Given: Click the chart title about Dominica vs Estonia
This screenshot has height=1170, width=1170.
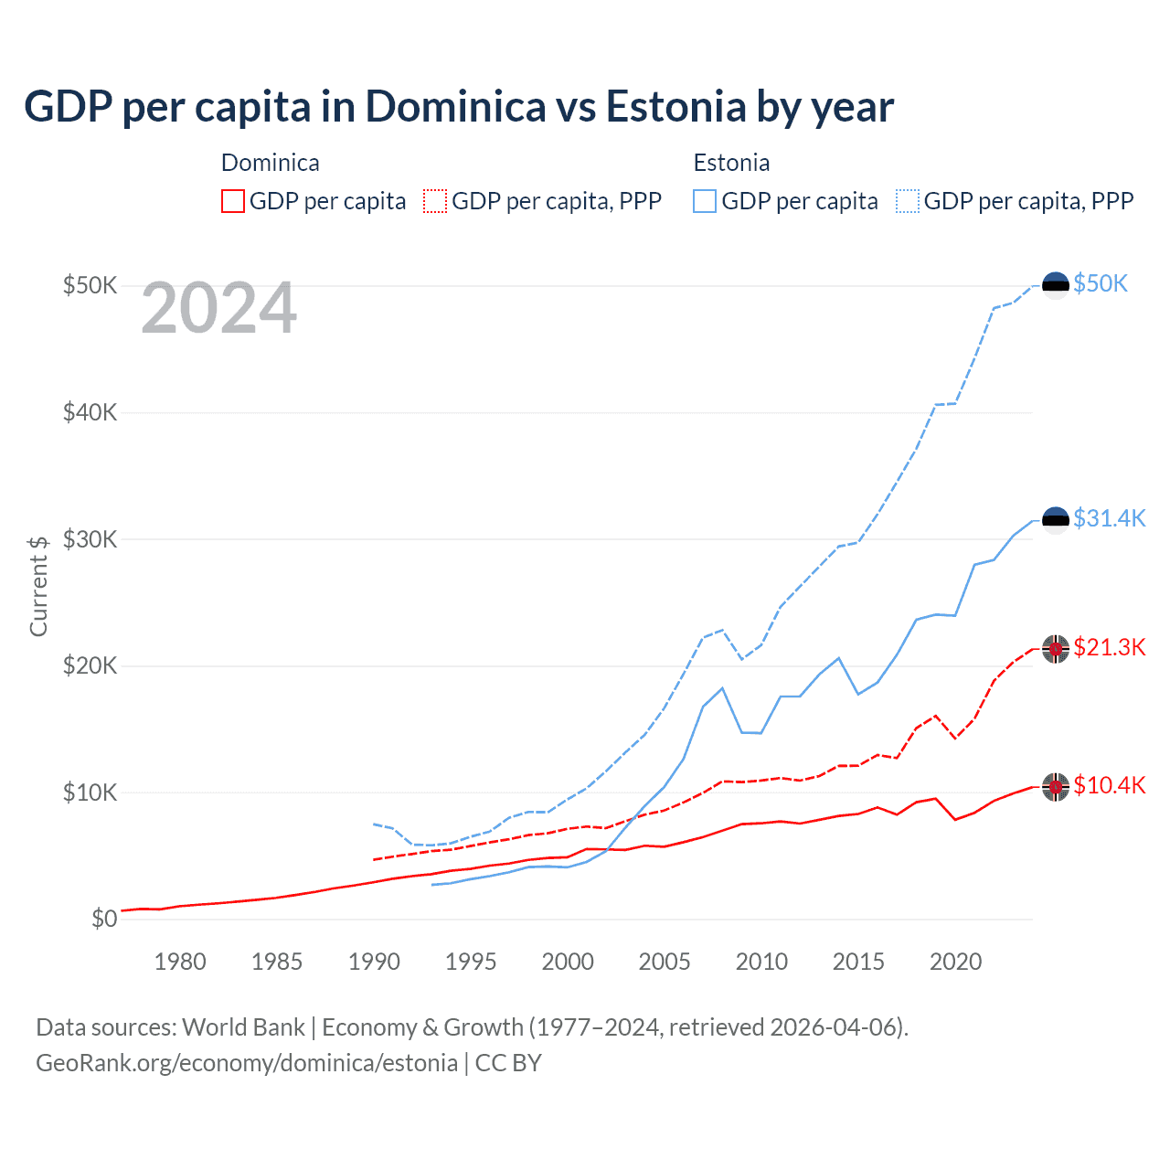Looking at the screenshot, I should (458, 107).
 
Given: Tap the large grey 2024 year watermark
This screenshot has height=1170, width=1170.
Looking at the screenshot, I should (218, 309).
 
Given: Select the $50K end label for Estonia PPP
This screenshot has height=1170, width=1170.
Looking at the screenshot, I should (1101, 283).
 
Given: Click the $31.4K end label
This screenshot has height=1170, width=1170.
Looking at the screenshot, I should (1109, 518).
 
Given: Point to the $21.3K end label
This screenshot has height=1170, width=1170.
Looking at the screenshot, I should (1109, 647).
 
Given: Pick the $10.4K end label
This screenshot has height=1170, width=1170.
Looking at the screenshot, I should (1109, 785).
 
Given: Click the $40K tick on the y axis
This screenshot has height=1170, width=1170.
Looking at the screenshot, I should (90, 412).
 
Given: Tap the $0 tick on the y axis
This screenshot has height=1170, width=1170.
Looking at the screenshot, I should (104, 919).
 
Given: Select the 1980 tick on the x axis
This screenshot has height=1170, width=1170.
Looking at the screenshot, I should (180, 962).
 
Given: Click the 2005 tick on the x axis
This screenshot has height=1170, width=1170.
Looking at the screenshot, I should (665, 962).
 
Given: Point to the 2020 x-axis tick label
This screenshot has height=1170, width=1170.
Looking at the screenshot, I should (955, 962).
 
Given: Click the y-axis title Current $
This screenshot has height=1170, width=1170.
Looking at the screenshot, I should (38, 586).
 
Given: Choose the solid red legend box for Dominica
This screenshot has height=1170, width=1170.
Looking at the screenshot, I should (233, 201).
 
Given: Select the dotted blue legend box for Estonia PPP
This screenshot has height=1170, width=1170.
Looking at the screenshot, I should (908, 201).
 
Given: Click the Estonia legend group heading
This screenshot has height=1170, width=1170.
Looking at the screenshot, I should (731, 163).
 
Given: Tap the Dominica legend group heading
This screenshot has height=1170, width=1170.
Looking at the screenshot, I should (271, 163).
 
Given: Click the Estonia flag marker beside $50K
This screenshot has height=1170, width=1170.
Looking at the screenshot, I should (1056, 285).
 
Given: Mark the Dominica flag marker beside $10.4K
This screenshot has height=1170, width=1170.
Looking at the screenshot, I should (1056, 786).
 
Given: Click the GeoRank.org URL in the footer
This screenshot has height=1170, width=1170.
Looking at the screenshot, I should (247, 1063).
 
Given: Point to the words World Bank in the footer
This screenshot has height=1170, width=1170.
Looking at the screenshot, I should (243, 1027).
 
